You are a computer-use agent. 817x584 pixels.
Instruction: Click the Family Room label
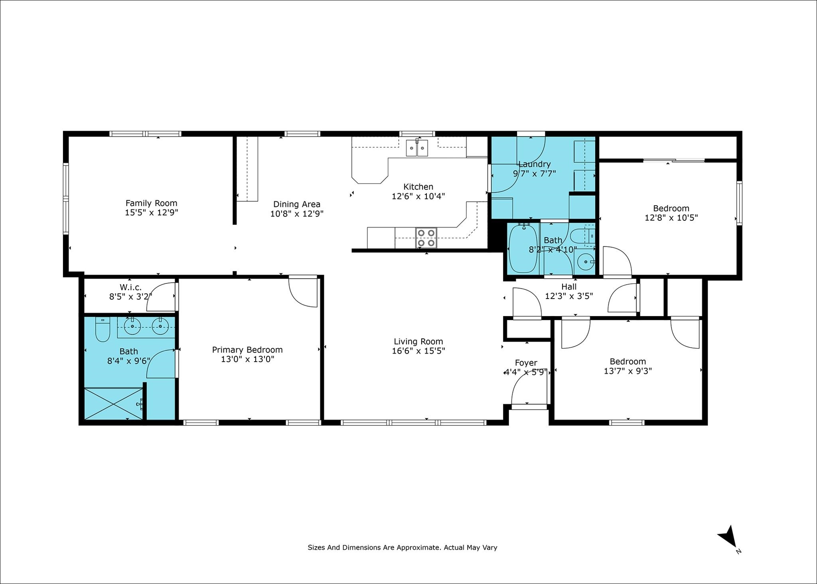(x=151, y=203)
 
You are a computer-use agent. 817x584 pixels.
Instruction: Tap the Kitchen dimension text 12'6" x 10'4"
(x=418, y=196)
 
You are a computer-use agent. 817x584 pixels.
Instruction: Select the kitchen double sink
(x=417, y=148)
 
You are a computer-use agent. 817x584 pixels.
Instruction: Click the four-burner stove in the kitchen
(x=426, y=238)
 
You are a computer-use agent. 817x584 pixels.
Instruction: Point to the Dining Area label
(x=297, y=204)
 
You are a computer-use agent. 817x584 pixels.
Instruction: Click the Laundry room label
(x=534, y=164)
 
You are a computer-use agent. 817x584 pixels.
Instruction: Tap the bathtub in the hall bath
(x=523, y=249)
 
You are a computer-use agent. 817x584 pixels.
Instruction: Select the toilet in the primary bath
(x=103, y=330)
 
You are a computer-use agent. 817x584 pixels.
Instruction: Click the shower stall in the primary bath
(x=114, y=404)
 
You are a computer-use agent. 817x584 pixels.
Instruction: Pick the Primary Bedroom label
(x=247, y=350)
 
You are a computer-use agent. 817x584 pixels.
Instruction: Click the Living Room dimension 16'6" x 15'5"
(x=418, y=351)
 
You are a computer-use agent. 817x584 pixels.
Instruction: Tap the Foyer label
(x=526, y=363)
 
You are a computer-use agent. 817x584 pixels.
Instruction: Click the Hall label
(x=569, y=287)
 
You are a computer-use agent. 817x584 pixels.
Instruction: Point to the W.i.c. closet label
(x=131, y=287)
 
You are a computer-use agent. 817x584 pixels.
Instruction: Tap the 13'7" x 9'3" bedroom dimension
(x=628, y=371)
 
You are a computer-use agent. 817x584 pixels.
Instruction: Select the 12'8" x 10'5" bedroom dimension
(x=671, y=218)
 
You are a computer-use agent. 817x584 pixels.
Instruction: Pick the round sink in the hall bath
(x=586, y=262)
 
